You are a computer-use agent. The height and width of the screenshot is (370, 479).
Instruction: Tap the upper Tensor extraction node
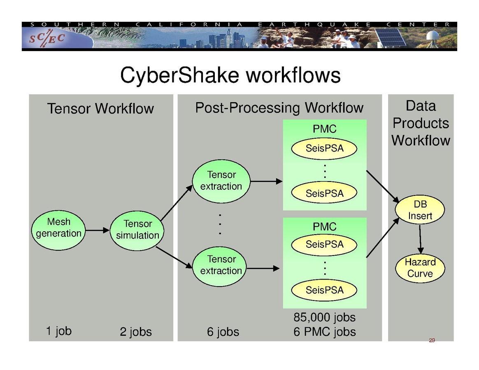click(x=221, y=181)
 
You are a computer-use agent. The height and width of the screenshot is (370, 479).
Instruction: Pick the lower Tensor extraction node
click(x=221, y=265)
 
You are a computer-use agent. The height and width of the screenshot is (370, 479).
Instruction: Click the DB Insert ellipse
click(x=420, y=210)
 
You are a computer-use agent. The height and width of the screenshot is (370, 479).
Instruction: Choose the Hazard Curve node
click(x=420, y=268)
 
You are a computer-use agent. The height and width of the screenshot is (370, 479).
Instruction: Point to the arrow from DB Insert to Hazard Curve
click(x=420, y=240)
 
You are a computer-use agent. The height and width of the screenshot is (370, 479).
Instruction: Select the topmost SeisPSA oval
click(x=324, y=149)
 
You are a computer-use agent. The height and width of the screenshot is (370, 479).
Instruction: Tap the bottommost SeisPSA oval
click(x=324, y=290)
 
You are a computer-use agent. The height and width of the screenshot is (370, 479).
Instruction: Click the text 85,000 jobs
click(x=324, y=317)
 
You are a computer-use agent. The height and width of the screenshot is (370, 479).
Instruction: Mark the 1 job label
click(x=58, y=330)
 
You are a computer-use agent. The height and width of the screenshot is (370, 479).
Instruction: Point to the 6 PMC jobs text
click(x=324, y=332)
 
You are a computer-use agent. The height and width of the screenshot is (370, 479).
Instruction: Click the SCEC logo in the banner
click(x=47, y=39)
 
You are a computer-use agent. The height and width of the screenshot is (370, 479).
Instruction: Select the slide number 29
click(x=432, y=340)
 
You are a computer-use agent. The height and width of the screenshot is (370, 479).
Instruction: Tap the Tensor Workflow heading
click(x=100, y=109)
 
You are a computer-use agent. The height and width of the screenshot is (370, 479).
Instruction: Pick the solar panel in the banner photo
click(x=391, y=37)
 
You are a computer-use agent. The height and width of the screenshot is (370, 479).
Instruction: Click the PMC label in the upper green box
click(x=324, y=129)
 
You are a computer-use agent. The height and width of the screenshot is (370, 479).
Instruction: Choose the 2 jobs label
click(x=136, y=332)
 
